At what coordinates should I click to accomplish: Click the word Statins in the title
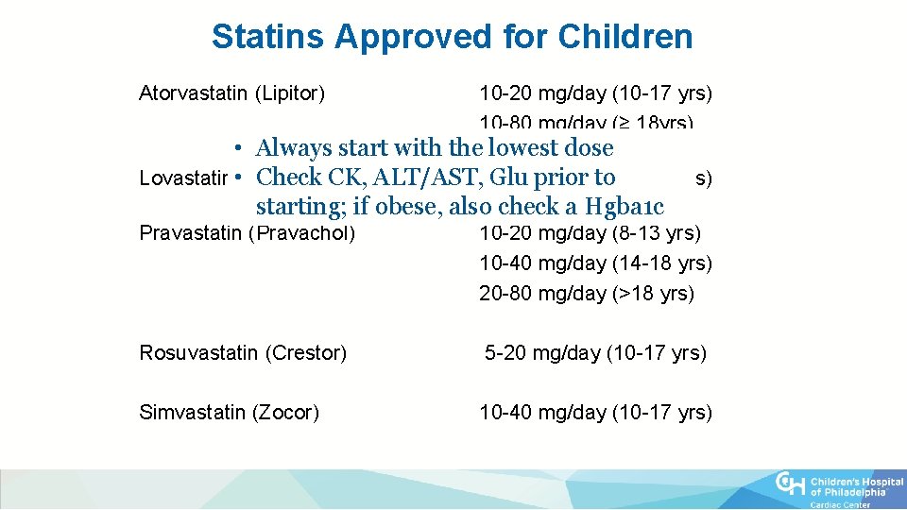[x=268, y=37]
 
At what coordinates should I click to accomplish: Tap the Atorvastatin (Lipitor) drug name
[x=232, y=93]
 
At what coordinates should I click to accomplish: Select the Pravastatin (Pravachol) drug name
[x=248, y=233]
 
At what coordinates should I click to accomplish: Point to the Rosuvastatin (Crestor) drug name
[x=243, y=353]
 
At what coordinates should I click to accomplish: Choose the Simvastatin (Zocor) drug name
[x=230, y=413]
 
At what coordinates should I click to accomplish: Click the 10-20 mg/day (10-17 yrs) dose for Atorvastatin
[x=595, y=93]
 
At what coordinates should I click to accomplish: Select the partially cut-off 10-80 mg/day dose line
[x=586, y=123]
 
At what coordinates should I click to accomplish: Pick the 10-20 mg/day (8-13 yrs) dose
[x=590, y=233]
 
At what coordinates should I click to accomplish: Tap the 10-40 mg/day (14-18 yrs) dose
[x=595, y=263]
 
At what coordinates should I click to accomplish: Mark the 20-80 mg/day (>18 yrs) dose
[x=587, y=294]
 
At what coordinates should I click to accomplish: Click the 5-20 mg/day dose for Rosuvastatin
[x=595, y=353]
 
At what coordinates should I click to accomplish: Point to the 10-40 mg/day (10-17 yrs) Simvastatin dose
[x=595, y=413]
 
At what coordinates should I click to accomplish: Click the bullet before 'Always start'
[x=241, y=149]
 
